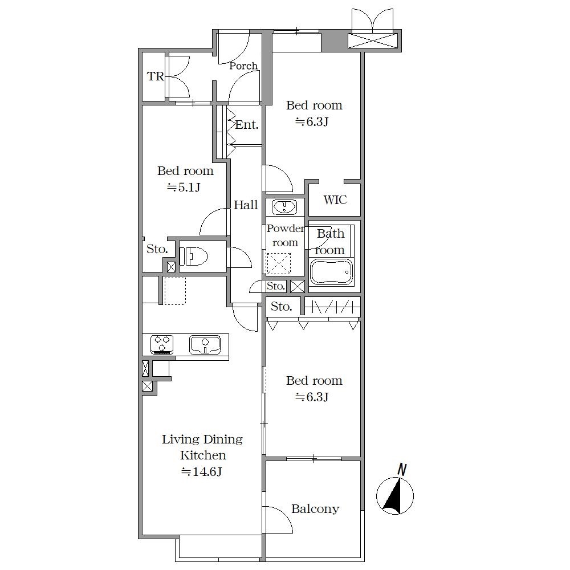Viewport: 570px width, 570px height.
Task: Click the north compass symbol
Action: pos(395,496)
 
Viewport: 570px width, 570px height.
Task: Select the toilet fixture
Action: pos(194,256)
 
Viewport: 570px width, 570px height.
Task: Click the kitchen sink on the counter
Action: pos(205,345)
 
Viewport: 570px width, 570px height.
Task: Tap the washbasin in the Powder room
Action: pos(285,207)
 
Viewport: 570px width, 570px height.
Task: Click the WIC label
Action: pos(335,199)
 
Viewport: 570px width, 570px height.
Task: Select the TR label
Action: pos(155,76)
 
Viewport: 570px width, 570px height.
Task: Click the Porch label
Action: pos(243,66)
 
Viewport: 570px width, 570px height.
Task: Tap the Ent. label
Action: pos(246,125)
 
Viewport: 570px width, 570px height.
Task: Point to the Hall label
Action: pos(246,205)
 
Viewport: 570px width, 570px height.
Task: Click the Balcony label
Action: pos(315,509)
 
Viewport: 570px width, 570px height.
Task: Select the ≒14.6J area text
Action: pos(202,471)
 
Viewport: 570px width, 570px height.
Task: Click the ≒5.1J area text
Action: pos(184,187)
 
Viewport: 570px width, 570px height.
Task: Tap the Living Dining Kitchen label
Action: pos(202,447)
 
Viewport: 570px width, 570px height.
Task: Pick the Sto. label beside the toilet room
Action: pos(157,249)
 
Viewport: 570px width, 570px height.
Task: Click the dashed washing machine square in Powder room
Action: pos(279,263)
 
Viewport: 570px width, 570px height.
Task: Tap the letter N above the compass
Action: pos(402,469)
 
